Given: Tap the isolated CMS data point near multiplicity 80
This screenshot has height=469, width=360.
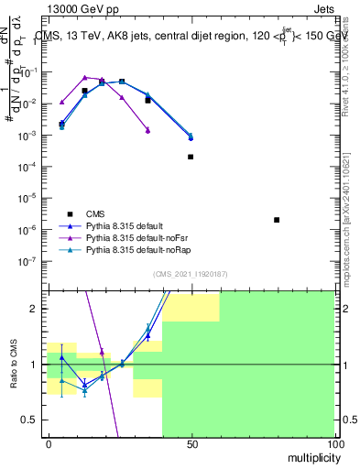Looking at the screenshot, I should pos(277,220).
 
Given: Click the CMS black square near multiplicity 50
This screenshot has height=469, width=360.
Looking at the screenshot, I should pos(191,157).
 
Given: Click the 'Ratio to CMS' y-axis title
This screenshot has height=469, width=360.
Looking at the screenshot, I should pos(13,364).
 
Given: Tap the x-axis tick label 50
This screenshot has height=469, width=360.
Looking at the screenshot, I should pos(191,443).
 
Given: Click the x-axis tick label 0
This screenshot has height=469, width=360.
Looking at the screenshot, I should pos(48,443).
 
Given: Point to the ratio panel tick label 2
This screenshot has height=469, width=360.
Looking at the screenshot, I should pos(34,309).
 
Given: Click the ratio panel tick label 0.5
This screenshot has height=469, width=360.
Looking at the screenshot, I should pos(30,420).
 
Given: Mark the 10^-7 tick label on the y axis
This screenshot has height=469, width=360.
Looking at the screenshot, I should pos(29,260).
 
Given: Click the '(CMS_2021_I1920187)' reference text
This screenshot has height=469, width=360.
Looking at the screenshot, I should pos(191,273).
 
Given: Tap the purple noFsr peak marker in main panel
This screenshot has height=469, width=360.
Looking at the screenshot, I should pos(84,78).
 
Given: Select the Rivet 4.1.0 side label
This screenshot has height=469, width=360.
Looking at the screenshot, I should pos(352,64).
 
